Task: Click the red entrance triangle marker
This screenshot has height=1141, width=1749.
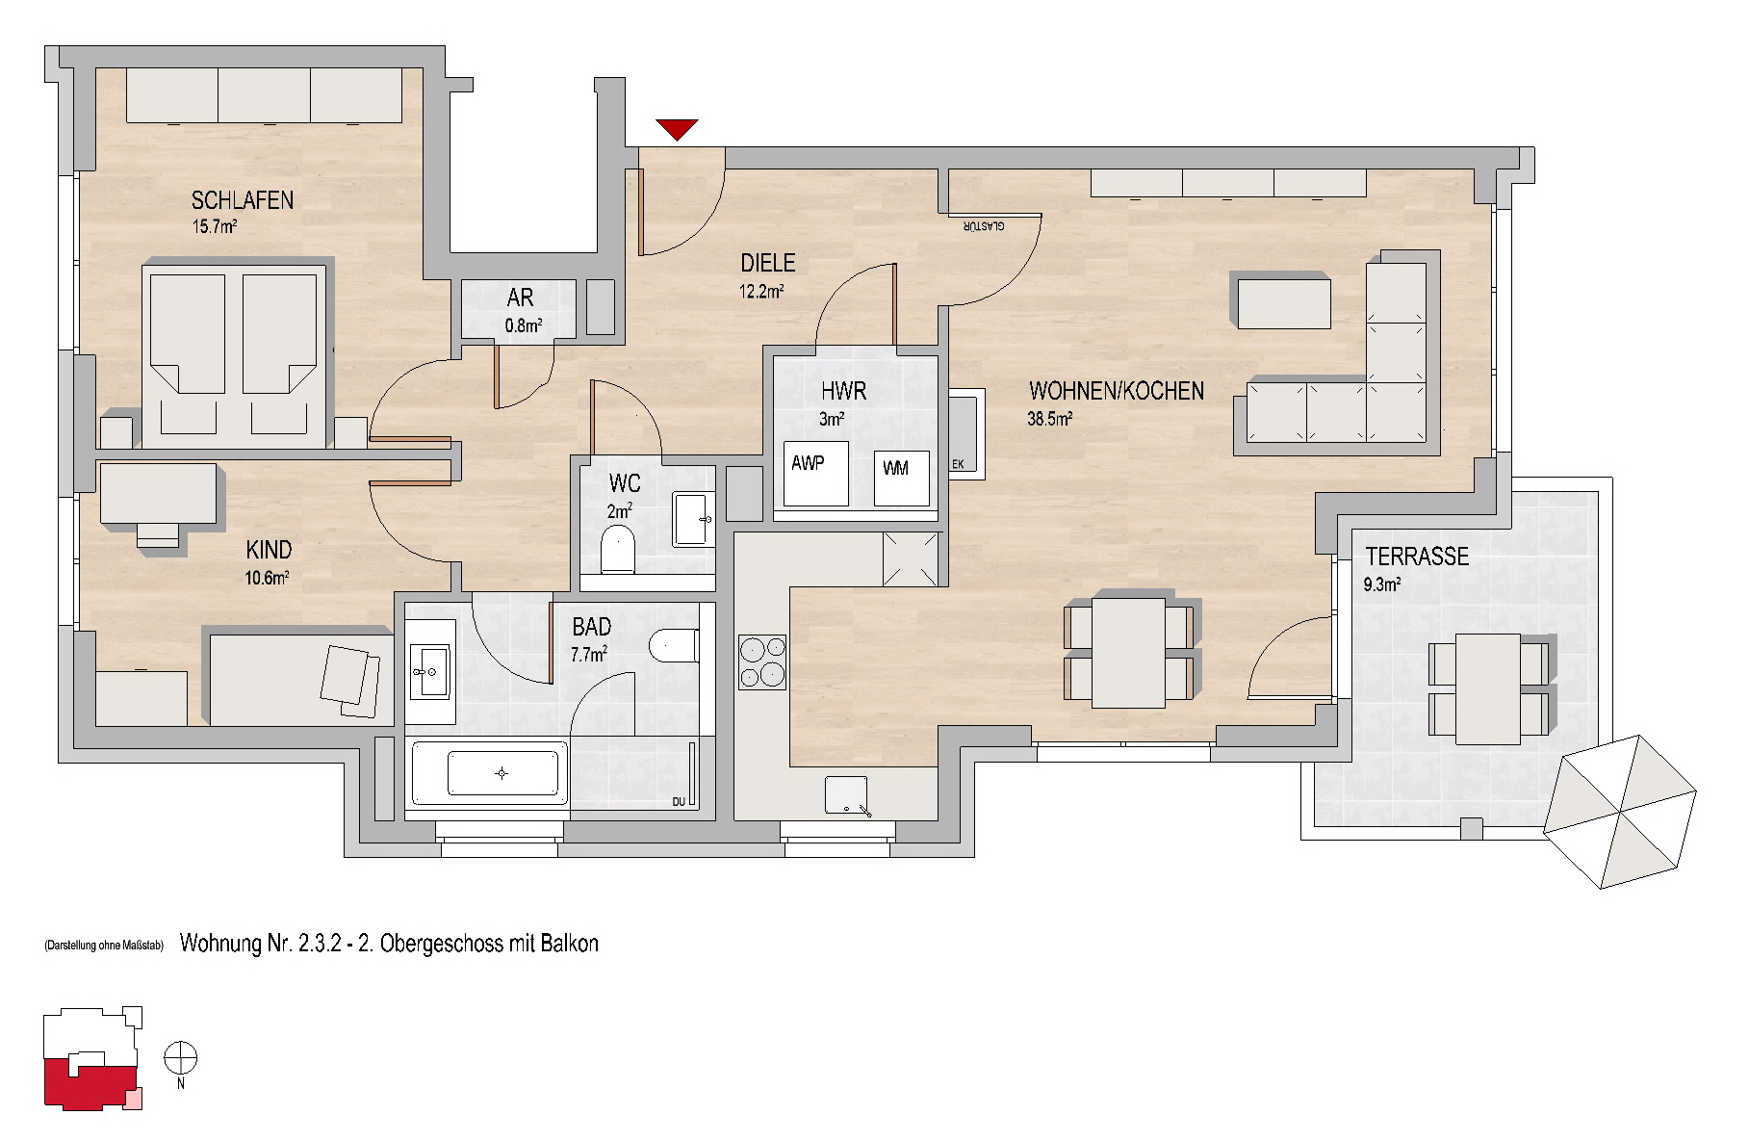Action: pos(677,129)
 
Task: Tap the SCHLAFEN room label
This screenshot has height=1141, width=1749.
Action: pos(243,200)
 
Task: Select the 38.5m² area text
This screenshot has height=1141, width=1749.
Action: pos(1050,419)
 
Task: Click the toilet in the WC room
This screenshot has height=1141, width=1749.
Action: pos(618,549)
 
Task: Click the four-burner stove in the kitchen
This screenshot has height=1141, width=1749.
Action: pos(762,661)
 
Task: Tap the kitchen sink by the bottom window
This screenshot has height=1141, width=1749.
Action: pos(847,796)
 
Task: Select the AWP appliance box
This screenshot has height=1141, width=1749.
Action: pos(815,474)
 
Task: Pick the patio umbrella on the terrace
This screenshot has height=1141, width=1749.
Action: pos(1620,812)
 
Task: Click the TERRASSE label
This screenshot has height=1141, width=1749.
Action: pos(1417,556)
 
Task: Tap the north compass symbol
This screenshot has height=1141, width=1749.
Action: pos(180,1059)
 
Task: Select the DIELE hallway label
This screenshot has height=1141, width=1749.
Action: pos(767,262)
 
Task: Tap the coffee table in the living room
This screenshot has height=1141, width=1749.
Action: pos(1284,301)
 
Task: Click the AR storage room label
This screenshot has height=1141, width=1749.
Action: pos(520,298)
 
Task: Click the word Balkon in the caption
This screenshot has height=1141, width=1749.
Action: pos(568,944)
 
